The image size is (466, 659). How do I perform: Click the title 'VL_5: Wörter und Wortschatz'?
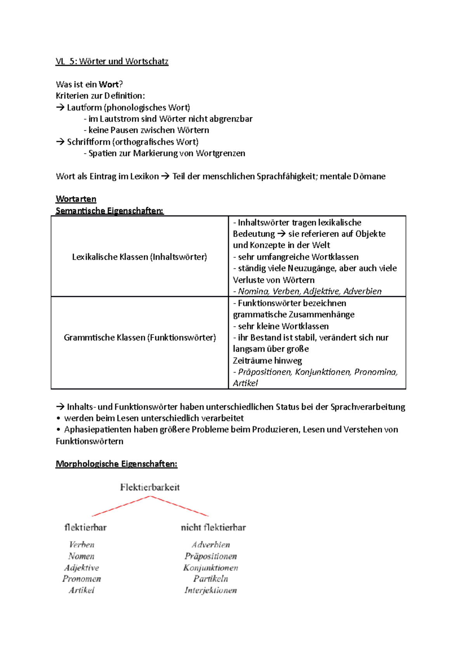pyautogui.click(x=112, y=61)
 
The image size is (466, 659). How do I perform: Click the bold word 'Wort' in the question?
pyautogui.click(x=109, y=84)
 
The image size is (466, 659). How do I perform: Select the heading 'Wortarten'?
pyautogui.click(x=76, y=199)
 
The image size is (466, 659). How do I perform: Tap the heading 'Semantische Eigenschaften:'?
pyautogui.click(x=110, y=211)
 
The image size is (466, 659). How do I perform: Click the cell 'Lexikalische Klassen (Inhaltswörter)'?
pyautogui.click(x=139, y=257)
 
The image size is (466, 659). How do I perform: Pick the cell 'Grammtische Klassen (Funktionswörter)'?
pyautogui.click(x=140, y=337)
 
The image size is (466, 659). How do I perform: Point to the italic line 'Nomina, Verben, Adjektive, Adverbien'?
pyautogui.click(x=310, y=291)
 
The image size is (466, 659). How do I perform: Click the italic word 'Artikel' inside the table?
pyautogui.click(x=245, y=383)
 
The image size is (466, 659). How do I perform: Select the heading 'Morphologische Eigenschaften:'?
pyautogui.click(x=116, y=464)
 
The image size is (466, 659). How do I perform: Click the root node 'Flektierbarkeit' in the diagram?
pyautogui.click(x=150, y=487)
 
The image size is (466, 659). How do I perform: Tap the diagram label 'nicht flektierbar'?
pyautogui.click(x=213, y=527)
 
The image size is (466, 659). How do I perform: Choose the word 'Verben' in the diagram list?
pyautogui.click(x=82, y=545)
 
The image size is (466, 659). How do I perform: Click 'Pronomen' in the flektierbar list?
pyautogui.click(x=82, y=579)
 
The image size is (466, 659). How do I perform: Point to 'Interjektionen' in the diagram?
pyautogui.click(x=210, y=590)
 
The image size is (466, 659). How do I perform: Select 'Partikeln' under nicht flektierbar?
pyautogui.click(x=210, y=579)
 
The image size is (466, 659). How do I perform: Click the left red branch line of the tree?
pyautogui.click(x=120, y=506)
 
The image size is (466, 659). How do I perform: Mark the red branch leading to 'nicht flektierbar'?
pyautogui.click(x=179, y=506)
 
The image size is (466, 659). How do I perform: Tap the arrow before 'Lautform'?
pyautogui.click(x=60, y=108)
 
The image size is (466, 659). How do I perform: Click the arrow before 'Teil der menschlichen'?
pyautogui.click(x=165, y=176)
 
